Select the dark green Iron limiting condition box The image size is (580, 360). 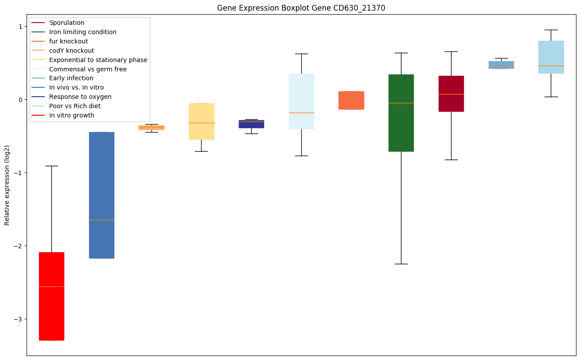click(401, 113)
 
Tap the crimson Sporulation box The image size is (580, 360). click(451, 94)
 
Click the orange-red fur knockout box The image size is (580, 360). click(351, 100)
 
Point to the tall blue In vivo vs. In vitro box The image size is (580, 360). click(101, 195)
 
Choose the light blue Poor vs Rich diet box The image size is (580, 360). click(551, 57)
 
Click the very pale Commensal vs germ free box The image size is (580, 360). click(301, 101)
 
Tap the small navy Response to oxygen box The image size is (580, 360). click(251, 124)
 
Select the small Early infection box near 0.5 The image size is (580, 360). click(501, 65)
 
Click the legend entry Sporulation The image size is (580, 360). click(66, 23)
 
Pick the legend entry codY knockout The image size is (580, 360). click(71, 51)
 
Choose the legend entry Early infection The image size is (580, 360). click(71, 78)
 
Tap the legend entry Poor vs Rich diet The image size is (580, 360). click(75, 106)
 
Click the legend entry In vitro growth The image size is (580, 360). click(72, 116)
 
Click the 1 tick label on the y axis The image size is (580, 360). click(20, 27)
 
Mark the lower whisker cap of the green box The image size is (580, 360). click(401, 264)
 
